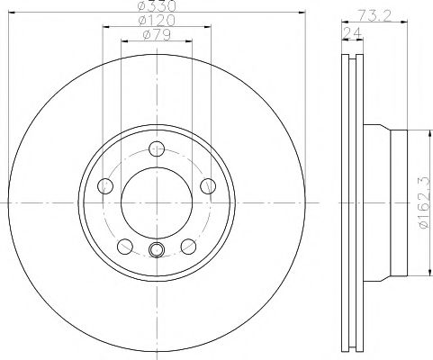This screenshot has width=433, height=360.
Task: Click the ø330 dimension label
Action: coord(158,7)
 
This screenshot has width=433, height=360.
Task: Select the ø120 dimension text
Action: coord(158,21)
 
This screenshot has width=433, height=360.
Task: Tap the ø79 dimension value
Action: coord(158,35)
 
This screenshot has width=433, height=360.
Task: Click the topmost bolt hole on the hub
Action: coord(157,149)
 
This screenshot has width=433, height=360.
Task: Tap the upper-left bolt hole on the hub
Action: coord(105,186)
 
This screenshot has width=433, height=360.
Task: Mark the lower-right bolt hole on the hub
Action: coord(189,247)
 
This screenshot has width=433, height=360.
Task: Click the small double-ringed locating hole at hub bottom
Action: coord(157,251)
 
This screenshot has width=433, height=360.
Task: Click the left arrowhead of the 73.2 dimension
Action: coord(344,22)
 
